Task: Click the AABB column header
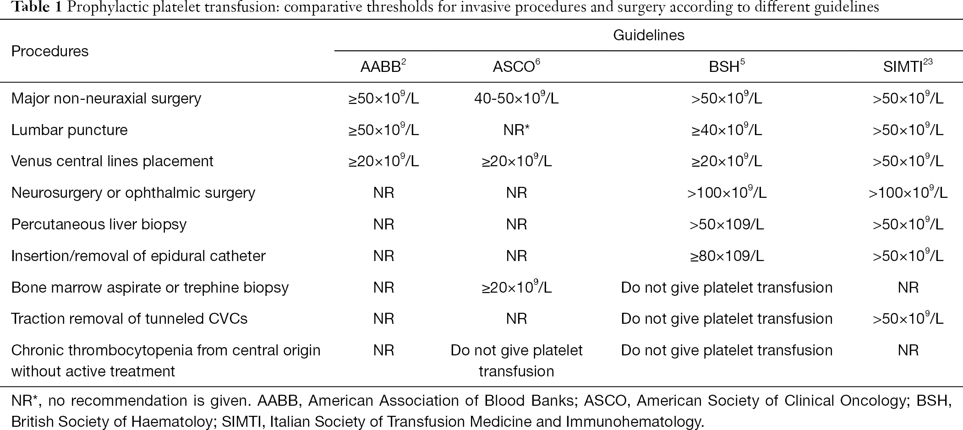[x=383, y=66]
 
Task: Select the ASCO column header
[x=516, y=66]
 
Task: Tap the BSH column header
[x=727, y=66]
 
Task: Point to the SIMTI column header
[x=908, y=66]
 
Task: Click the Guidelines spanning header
[x=649, y=35]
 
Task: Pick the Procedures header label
[x=50, y=51]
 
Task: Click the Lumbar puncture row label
[x=69, y=130]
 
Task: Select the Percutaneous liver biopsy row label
[x=99, y=224]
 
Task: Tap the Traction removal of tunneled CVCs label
[x=129, y=319]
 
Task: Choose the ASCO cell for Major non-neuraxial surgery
[x=516, y=98]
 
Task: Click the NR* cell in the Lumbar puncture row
[x=516, y=130]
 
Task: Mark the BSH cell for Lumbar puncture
[x=727, y=130]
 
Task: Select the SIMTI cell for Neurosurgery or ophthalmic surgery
[x=908, y=193]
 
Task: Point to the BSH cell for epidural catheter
[x=727, y=256]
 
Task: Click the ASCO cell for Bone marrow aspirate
[x=516, y=287]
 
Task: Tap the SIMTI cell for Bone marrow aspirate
[x=908, y=288]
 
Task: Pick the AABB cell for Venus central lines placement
[x=383, y=161]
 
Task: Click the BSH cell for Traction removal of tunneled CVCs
[x=727, y=319]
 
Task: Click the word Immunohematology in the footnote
[x=634, y=422]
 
